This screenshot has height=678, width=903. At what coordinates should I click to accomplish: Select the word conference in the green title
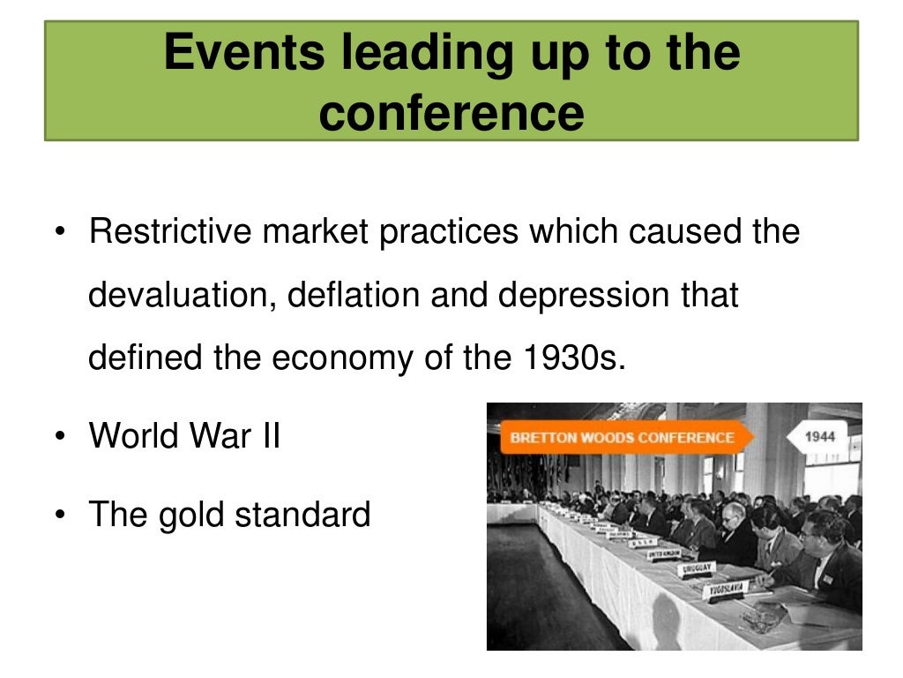[451, 113]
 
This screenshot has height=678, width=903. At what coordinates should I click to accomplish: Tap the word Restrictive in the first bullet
[169, 232]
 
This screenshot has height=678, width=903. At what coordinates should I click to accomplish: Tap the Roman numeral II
[268, 435]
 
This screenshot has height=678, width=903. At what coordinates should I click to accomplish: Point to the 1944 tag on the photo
[819, 436]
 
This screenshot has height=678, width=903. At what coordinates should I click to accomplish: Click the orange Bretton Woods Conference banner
[622, 437]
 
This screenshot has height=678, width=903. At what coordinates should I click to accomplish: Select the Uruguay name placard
[696, 570]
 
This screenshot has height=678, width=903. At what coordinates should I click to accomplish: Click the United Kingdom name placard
[663, 554]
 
